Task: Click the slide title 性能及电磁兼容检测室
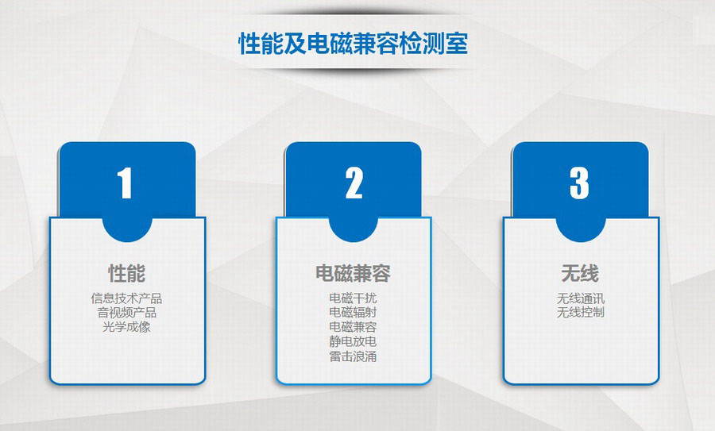[354, 44]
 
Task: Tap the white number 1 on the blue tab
[125, 183]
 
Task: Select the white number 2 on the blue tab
[354, 183]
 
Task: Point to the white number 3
[579, 183]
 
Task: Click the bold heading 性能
[127, 273]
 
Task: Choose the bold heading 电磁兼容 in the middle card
[354, 273]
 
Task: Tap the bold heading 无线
[580, 273]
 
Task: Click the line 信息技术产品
[126, 298]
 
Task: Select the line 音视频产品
[127, 313]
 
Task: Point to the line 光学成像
[126, 327]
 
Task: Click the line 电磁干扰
[353, 298]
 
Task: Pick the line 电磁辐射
[353, 312]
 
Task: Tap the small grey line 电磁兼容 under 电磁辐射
[353, 327]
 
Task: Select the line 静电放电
[353, 341]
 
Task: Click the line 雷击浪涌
[353, 356]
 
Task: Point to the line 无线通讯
[581, 298]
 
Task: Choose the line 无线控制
[581, 313]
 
